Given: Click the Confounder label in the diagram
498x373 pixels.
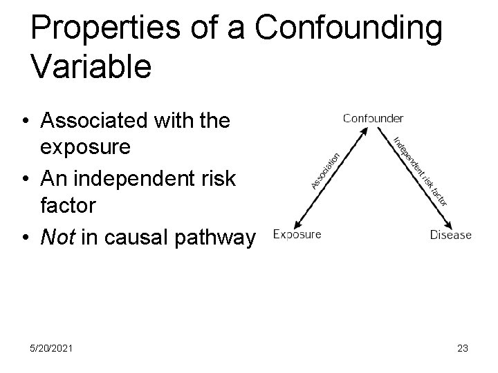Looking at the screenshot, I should coord(373,118).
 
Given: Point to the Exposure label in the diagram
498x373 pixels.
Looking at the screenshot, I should coord(297,235).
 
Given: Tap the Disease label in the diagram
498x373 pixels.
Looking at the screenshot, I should coord(450,235).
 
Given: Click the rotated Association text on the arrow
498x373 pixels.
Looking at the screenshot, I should coord(324,170).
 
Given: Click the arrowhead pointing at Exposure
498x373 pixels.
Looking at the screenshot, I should coord(295,224).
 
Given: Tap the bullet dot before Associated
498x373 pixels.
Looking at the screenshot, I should coord(25,122).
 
